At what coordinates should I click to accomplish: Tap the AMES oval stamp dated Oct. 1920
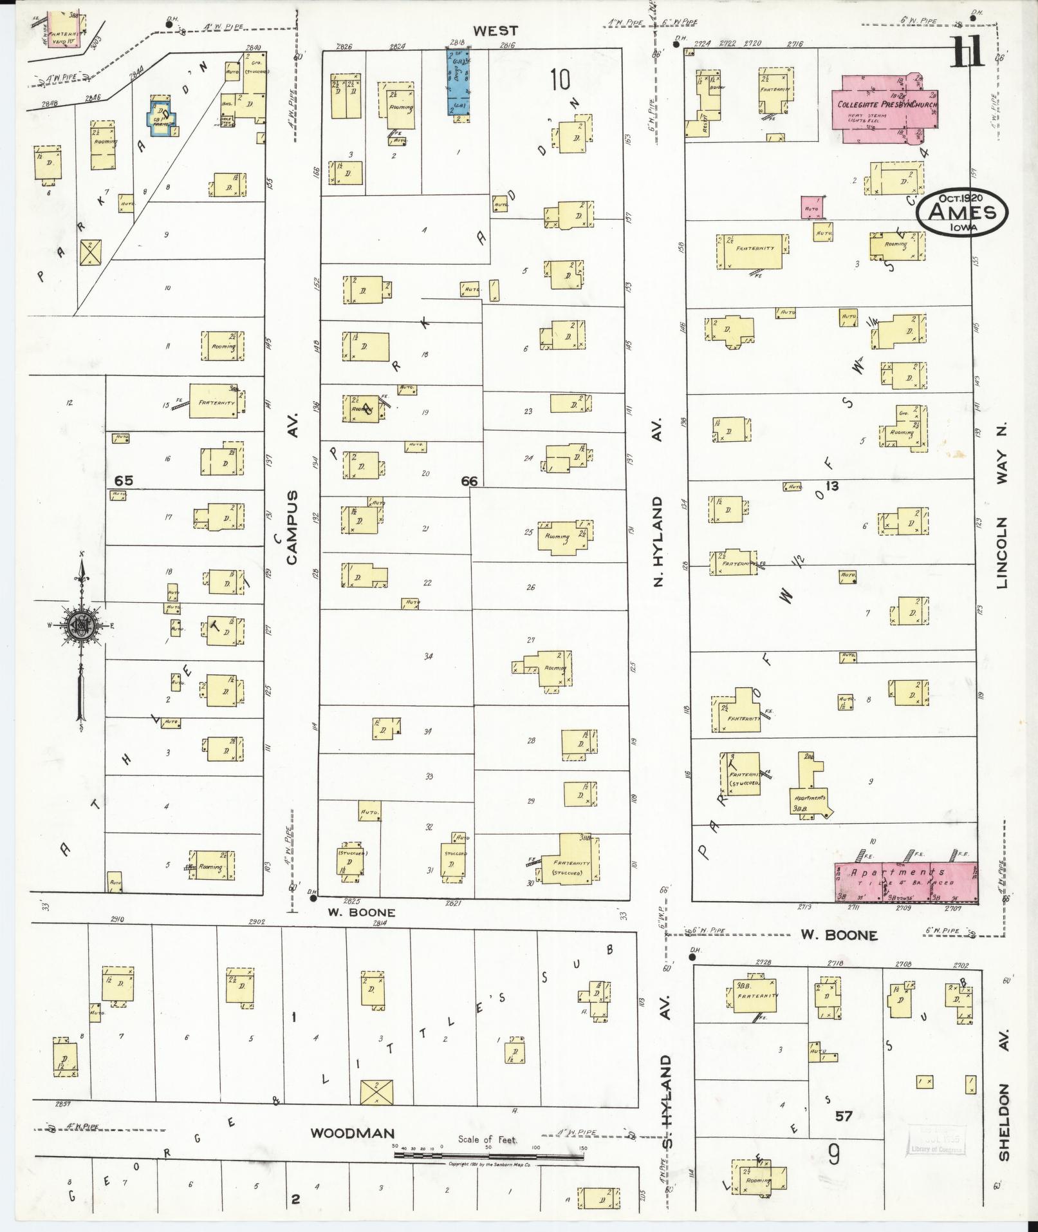click(x=962, y=213)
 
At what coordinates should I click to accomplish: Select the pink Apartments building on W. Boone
click(x=905, y=882)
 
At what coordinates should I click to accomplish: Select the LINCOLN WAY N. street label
click(x=1002, y=506)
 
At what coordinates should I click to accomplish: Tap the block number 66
click(x=469, y=481)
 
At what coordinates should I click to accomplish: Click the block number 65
click(x=124, y=480)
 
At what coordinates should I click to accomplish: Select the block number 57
click(x=844, y=1116)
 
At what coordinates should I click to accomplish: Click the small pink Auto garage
click(x=813, y=207)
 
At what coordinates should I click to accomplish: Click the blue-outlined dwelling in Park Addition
click(x=161, y=117)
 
